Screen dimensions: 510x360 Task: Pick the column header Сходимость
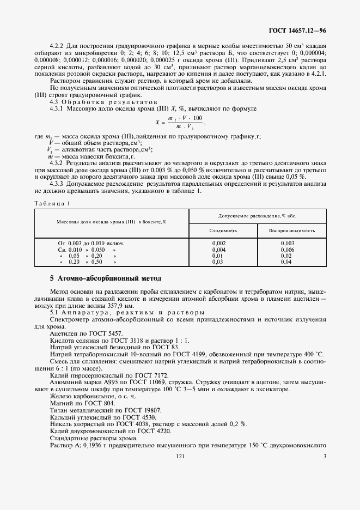point(223,230)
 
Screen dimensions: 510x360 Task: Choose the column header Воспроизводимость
point(291,230)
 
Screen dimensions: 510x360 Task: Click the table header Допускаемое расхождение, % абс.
point(258,216)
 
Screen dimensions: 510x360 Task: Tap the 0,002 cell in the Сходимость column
point(218,243)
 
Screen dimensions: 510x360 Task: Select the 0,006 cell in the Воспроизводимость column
point(287,249)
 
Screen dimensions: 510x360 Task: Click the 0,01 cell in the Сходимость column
point(218,256)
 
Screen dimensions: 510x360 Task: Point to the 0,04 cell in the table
point(286,262)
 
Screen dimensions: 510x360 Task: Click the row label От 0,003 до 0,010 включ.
point(91,243)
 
